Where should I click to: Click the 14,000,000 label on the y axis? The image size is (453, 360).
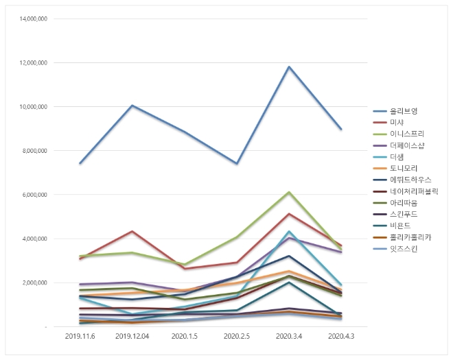(32, 19)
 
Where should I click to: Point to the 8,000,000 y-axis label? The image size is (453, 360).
(34, 151)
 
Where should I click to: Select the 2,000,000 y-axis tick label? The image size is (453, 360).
(34, 283)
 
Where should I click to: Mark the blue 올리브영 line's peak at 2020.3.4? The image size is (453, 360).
(289, 67)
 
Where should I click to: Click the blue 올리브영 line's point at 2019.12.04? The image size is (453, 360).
(132, 106)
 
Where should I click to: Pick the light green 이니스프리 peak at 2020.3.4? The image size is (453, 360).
(289, 192)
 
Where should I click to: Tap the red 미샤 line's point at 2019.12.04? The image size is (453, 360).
(132, 232)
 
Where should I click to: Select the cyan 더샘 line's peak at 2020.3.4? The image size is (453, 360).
(289, 232)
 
